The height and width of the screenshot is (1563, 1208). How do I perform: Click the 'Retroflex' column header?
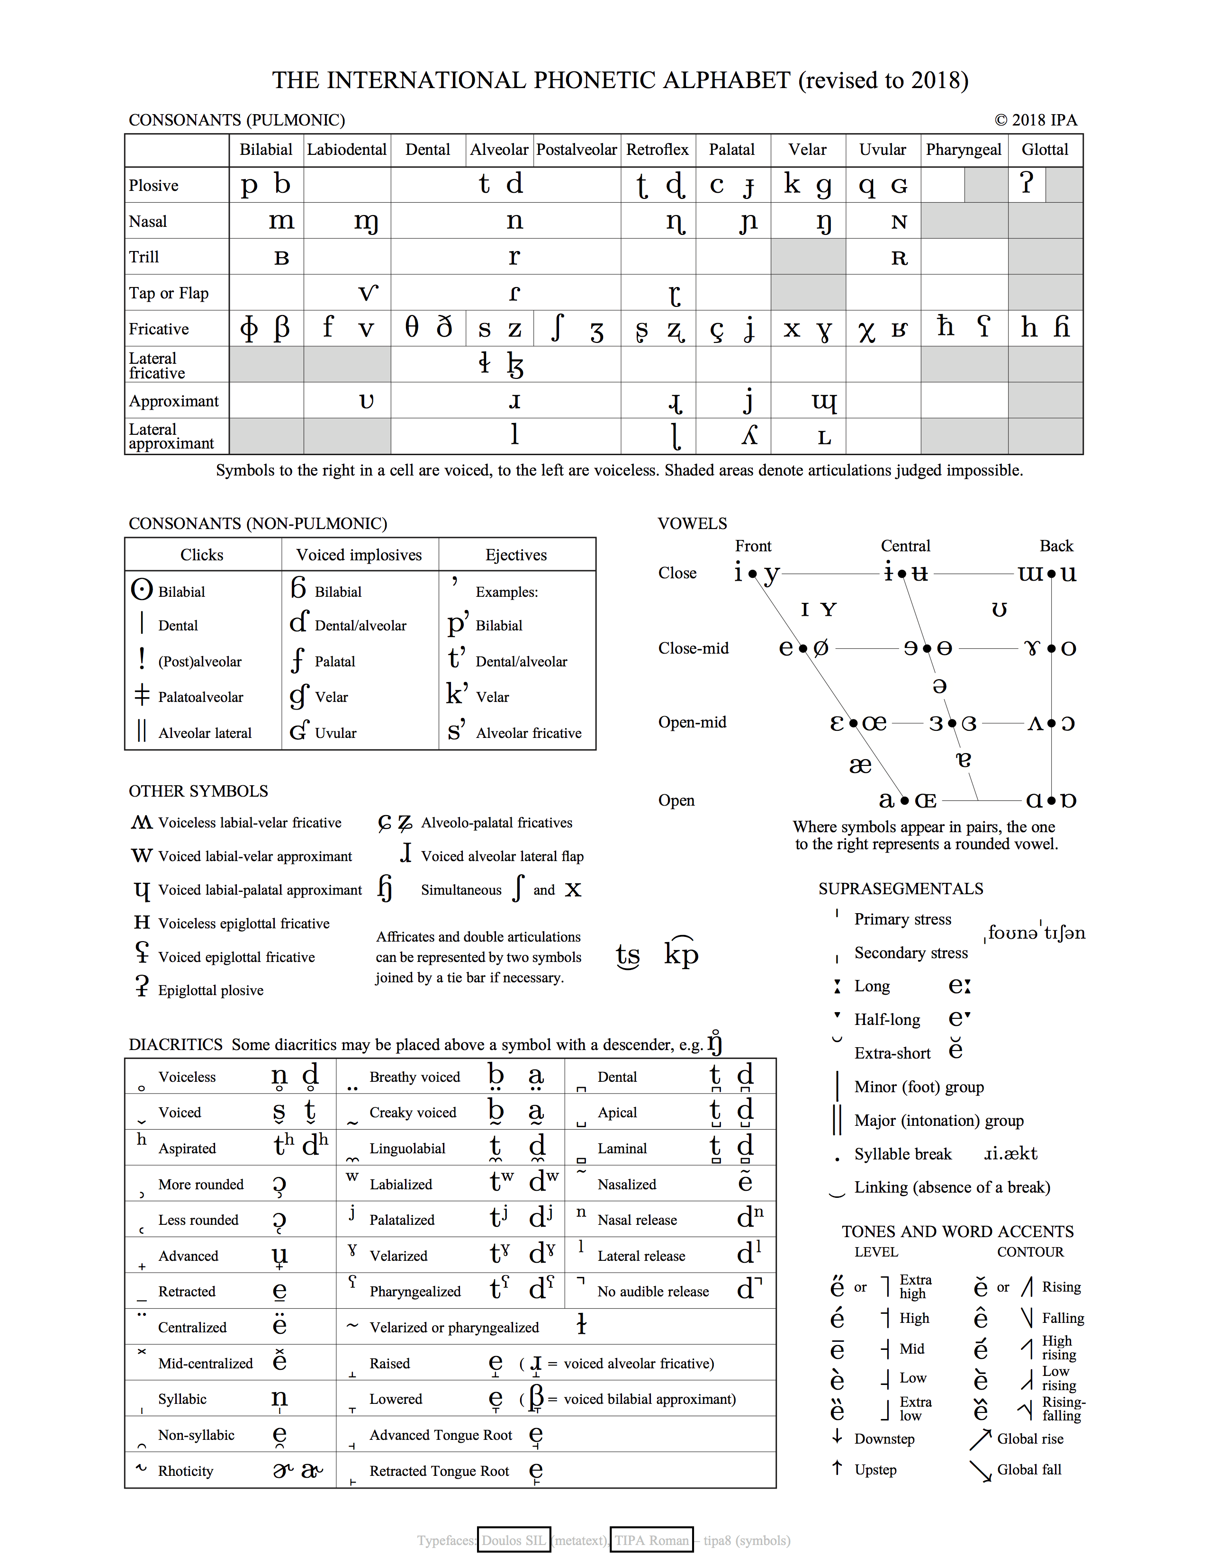point(657,150)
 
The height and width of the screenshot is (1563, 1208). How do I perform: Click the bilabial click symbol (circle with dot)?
point(142,589)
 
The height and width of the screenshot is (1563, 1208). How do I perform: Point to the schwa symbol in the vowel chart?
point(940,686)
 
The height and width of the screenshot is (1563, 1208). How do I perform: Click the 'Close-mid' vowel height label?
point(693,648)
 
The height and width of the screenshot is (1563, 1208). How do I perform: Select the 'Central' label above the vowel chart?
point(905,546)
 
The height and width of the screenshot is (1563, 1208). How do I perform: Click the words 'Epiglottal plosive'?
point(210,990)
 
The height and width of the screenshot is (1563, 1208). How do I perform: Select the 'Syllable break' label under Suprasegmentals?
point(902,1154)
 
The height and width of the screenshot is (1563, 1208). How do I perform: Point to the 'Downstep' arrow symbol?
point(837,1437)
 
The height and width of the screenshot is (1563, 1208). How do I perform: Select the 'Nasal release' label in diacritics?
point(637,1220)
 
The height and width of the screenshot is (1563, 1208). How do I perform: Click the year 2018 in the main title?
point(936,80)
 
